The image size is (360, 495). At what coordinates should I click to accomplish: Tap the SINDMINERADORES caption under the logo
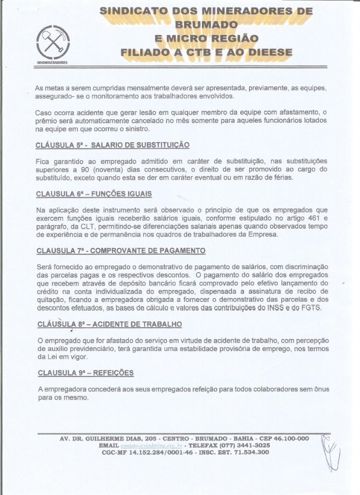[x=52, y=63]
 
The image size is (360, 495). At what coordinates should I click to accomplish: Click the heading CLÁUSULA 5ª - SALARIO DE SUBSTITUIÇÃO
[x=112, y=146]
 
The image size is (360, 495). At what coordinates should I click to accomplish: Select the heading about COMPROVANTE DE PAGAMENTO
[x=121, y=250]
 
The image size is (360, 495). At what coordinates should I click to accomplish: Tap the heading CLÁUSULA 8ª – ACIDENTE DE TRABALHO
[x=109, y=324]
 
